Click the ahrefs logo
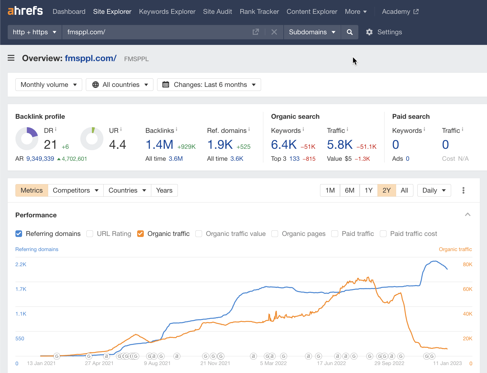(x=25, y=11)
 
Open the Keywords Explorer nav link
(x=167, y=12)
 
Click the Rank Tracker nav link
(x=259, y=12)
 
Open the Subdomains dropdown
(x=312, y=32)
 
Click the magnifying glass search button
(x=350, y=32)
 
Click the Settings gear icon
(x=369, y=32)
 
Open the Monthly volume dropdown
(x=49, y=85)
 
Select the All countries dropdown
(x=120, y=85)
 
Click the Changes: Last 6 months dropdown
(x=209, y=85)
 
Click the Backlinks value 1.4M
(x=159, y=145)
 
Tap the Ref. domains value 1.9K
(x=220, y=145)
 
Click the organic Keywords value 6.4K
(x=284, y=145)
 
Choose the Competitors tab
(x=75, y=190)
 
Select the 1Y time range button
(x=368, y=190)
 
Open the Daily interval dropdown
(x=434, y=190)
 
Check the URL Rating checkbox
(x=90, y=234)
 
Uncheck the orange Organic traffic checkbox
(x=140, y=234)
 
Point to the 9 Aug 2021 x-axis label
(x=157, y=363)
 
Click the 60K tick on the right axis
(x=467, y=289)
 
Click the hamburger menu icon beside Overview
(x=11, y=58)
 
